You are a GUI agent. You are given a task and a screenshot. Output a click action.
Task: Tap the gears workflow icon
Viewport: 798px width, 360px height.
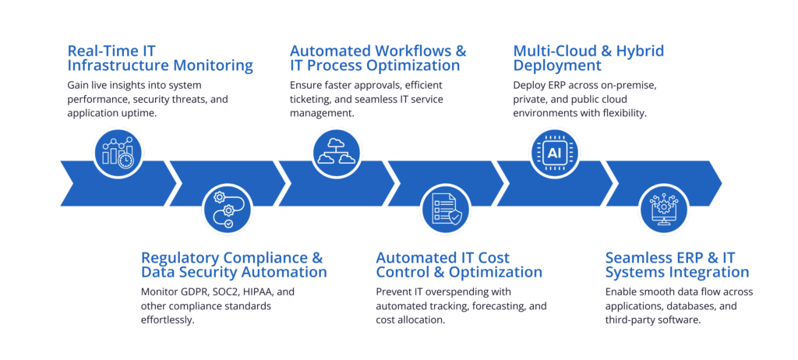(227, 210)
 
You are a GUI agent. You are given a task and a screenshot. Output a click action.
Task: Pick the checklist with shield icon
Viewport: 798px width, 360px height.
(445, 210)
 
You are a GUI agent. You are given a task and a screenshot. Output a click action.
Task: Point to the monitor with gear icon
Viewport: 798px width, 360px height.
(663, 210)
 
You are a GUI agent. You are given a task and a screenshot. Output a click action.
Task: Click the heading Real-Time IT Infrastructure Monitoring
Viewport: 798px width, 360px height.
(160, 58)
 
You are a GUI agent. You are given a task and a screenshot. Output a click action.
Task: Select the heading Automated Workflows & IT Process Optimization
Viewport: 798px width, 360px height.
(378, 58)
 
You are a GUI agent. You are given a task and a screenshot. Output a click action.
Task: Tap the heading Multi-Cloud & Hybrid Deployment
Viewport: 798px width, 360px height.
(588, 58)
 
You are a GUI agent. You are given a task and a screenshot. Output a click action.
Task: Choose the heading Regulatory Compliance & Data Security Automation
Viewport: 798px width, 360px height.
(234, 265)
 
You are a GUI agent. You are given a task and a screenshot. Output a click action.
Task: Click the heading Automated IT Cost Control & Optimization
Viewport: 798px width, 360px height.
(459, 265)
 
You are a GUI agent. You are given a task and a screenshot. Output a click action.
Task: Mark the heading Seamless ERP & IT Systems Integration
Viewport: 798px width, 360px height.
(677, 265)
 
